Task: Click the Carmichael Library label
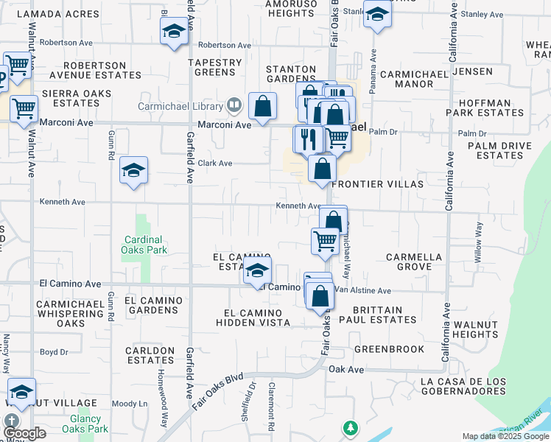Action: [x=181, y=105]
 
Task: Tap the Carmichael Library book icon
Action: [x=234, y=105]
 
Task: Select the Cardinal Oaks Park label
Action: [x=144, y=245]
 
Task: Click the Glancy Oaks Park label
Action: [x=85, y=424]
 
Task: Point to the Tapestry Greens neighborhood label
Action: [x=215, y=68]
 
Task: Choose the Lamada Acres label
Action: [x=57, y=14]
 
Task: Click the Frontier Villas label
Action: [x=378, y=184]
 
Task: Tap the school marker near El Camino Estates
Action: [x=257, y=271]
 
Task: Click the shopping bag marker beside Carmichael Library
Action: [x=262, y=106]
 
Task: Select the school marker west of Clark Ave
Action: [x=133, y=171]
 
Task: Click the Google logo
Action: [x=24, y=434]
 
